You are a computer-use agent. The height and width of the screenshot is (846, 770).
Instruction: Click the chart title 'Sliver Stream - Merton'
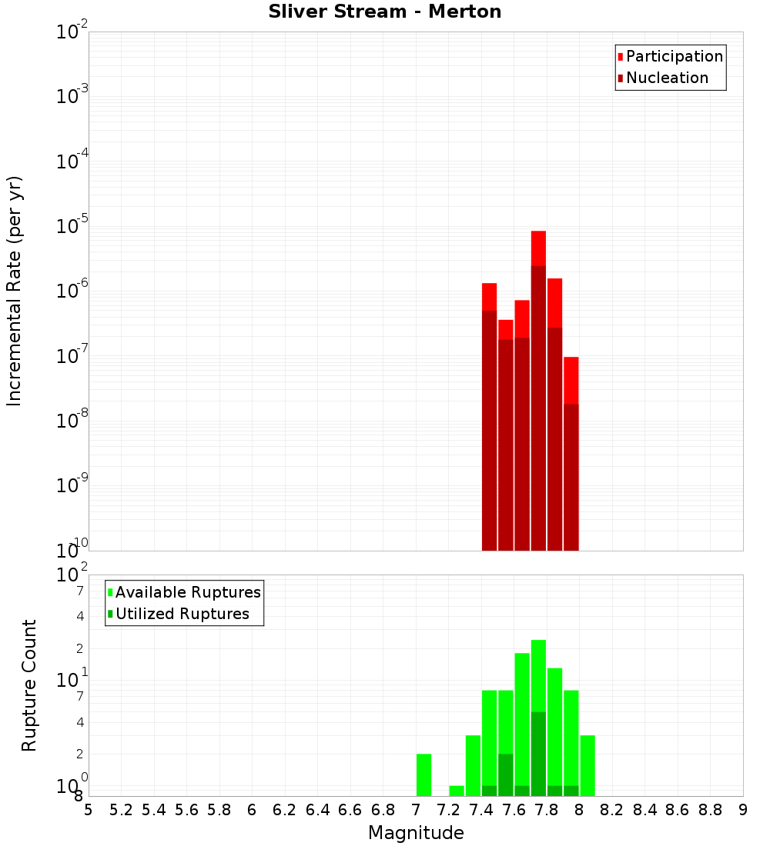(385, 12)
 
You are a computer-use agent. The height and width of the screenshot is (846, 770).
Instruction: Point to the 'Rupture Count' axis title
(29, 685)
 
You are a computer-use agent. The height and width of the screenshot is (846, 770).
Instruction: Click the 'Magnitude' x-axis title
(416, 833)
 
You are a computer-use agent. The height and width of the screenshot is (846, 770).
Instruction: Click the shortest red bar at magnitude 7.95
(571, 380)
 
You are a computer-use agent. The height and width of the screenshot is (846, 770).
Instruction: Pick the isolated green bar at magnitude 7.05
(423, 775)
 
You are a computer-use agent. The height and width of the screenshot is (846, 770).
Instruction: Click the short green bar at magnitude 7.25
(457, 791)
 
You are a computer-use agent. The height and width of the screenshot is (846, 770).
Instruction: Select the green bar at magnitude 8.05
(588, 765)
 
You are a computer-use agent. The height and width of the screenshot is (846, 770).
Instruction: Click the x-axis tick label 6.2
(285, 810)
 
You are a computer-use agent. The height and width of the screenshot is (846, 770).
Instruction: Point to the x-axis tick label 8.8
(710, 810)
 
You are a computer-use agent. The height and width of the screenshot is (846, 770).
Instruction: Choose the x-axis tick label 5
(89, 810)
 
